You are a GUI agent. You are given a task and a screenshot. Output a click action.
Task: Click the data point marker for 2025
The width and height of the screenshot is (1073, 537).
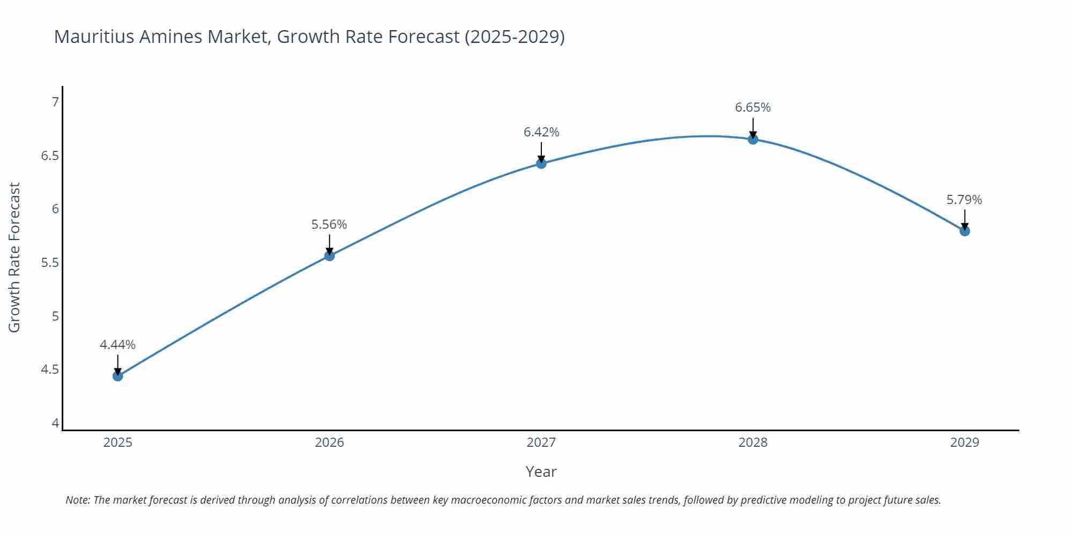coord(118,376)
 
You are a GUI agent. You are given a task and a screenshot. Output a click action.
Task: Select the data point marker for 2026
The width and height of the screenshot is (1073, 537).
coord(329,256)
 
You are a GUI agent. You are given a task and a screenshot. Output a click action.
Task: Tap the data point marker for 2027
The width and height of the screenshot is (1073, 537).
coord(541,163)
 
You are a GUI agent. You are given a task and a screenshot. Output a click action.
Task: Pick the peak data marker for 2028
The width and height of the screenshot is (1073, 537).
coord(753,139)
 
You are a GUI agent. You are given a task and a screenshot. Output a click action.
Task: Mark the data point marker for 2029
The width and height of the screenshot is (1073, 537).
coord(965,231)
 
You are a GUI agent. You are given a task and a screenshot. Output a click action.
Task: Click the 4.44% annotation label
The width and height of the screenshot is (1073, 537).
coord(117,345)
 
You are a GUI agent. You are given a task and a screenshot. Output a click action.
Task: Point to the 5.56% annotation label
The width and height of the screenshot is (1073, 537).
coord(329,224)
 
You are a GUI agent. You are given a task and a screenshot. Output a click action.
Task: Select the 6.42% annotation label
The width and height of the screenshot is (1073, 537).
coord(541,132)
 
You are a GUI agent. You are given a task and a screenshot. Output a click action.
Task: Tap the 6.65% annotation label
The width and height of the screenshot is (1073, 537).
coord(753,107)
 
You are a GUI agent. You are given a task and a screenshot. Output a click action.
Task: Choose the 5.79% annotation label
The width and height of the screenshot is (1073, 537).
coord(964,200)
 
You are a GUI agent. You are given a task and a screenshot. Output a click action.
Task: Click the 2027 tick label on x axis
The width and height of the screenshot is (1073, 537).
coord(541,442)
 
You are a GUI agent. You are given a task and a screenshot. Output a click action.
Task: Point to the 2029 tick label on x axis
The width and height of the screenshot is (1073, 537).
coord(965,442)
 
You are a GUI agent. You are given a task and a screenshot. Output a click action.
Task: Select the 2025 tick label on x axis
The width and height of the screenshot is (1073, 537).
coord(118,442)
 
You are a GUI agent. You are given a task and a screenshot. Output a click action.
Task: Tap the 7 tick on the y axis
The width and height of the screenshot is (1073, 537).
coord(55,101)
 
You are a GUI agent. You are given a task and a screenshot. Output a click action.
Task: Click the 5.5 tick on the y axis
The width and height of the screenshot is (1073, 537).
coord(50,263)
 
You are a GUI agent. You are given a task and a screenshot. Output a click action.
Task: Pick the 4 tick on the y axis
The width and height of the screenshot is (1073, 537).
coord(55,423)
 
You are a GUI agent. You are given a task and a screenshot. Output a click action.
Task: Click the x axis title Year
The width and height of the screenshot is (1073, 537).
coord(541,471)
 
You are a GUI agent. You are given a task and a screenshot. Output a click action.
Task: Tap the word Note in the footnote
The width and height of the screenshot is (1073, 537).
coord(77,500)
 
